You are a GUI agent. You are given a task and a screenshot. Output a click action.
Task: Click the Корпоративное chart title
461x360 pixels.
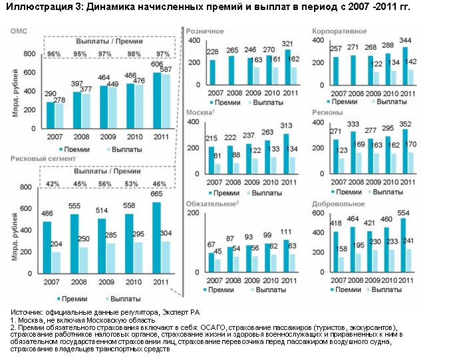337,31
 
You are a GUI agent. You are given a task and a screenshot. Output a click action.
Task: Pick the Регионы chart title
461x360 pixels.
327,112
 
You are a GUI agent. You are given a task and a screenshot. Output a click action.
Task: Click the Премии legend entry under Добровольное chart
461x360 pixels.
345,289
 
